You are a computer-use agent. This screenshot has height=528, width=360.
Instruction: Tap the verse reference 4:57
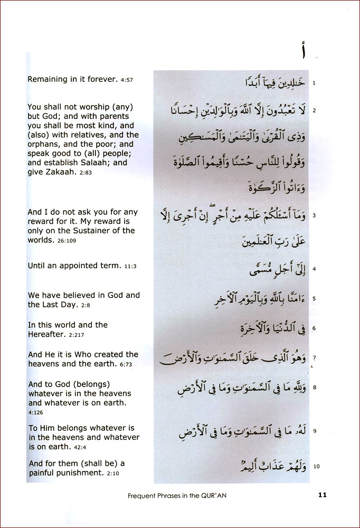126,80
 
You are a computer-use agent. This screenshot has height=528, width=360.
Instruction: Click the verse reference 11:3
130,267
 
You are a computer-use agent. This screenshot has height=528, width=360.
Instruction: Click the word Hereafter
49,334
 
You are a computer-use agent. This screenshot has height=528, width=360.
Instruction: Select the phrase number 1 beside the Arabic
314,83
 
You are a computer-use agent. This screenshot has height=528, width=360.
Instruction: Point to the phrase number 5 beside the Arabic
314,299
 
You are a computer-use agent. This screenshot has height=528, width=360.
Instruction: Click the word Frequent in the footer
143,495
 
